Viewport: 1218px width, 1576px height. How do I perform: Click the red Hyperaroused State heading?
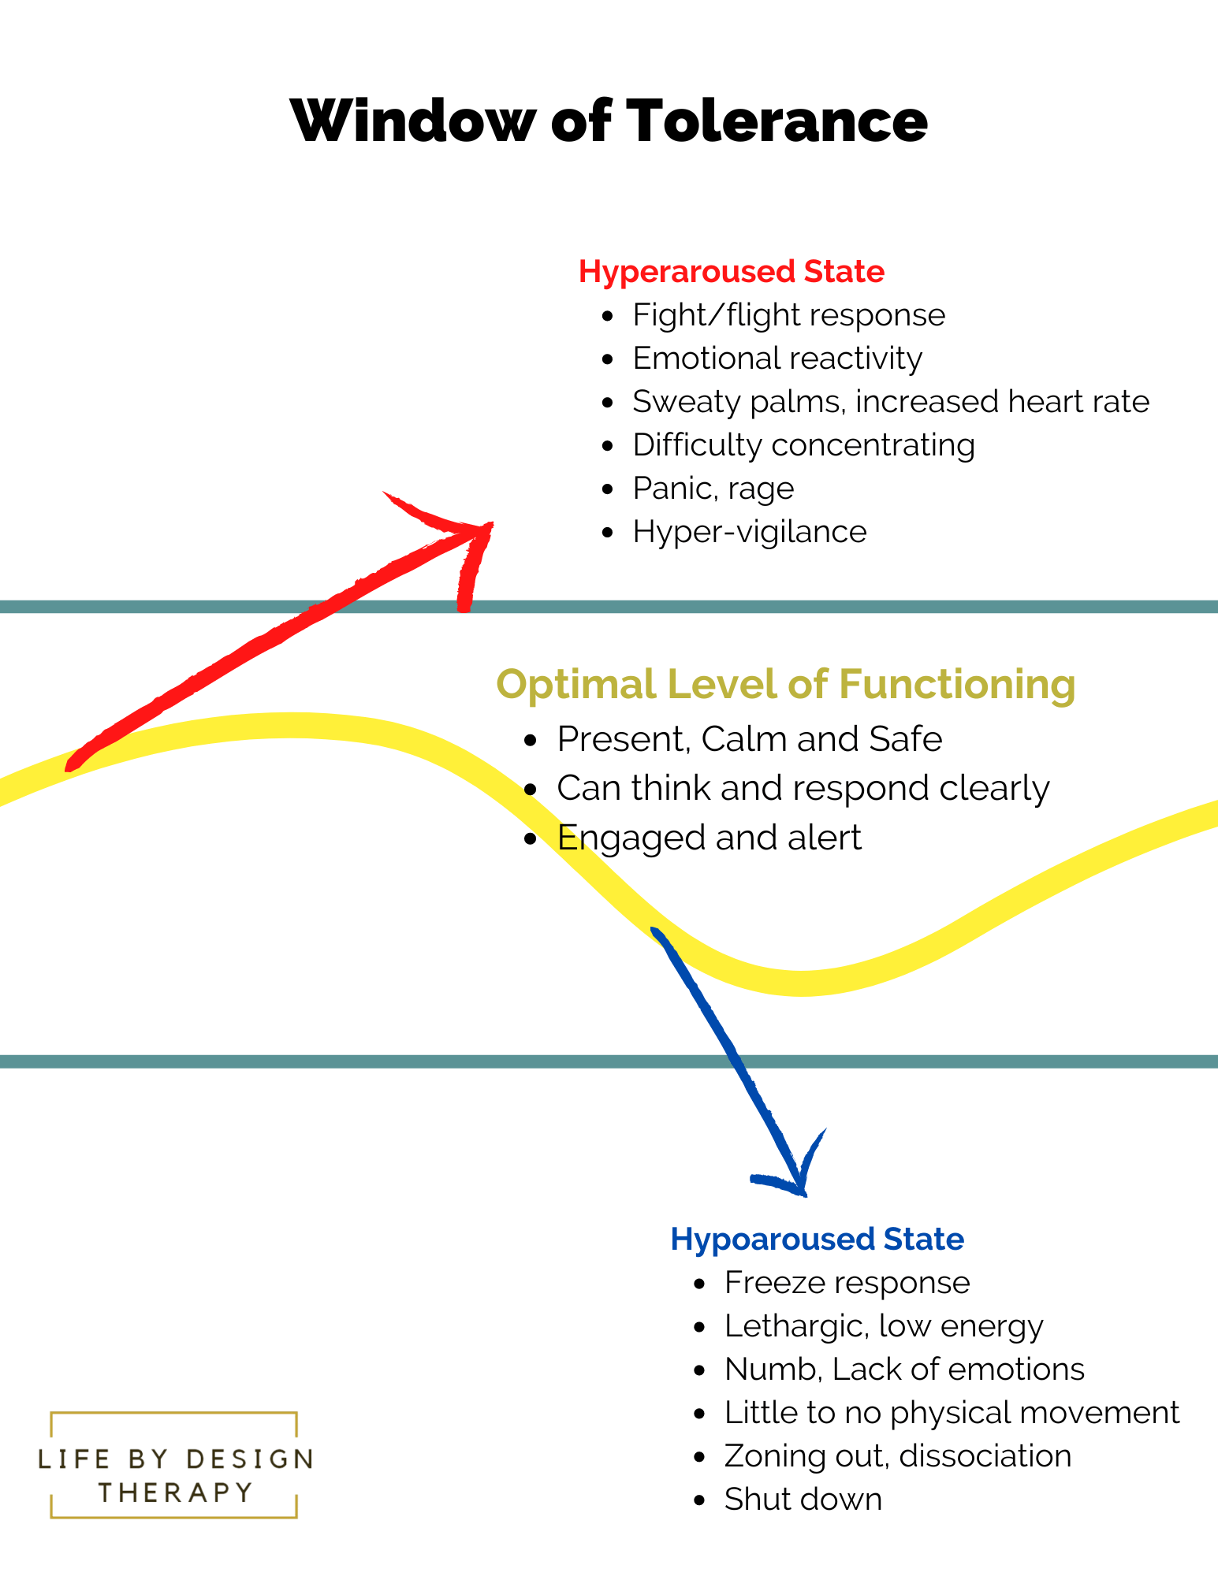(731, 271)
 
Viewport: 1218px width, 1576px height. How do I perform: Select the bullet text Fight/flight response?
(788, 315)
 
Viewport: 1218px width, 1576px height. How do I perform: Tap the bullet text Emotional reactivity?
(777, 359)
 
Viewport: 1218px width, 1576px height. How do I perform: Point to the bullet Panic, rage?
(713, 489)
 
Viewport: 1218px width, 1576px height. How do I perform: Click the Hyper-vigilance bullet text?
(749, 532)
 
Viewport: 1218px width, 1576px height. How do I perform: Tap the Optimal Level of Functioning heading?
(785, 683)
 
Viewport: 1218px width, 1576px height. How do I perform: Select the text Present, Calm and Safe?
(749, 739)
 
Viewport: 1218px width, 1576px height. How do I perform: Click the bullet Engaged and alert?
(709, 838)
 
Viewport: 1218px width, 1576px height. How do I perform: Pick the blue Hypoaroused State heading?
(817, 1239)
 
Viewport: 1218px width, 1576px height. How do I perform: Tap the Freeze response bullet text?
(847, 1283)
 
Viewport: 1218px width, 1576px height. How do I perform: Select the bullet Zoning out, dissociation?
(897, 1456)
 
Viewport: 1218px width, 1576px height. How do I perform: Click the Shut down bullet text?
(803, 1500)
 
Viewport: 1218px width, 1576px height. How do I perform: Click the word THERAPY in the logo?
(175, 1492)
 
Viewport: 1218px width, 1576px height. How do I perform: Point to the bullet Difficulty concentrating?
(803, 445)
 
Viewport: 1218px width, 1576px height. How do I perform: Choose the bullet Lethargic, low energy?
(883, 1326)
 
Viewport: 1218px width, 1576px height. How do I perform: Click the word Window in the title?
(412, 121)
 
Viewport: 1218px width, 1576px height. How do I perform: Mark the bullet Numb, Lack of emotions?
(903, 1370)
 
